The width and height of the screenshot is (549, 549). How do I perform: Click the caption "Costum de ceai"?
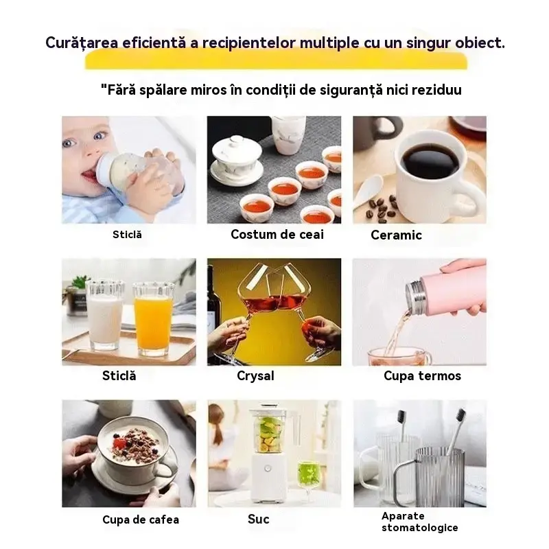coord(277,234)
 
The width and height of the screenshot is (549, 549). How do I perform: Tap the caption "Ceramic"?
coord(396,235)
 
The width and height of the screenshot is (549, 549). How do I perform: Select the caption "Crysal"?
coord(255,375)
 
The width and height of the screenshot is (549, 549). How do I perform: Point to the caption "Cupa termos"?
coord(422,375)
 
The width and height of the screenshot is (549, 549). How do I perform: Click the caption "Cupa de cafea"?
coord(141,519)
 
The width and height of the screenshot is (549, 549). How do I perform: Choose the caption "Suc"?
coord(259,519)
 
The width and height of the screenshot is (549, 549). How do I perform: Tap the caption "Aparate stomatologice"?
coord(420,522)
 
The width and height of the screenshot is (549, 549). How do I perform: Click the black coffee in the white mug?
coord(430,161)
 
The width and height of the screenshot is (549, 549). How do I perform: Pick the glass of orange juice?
coord(153,318)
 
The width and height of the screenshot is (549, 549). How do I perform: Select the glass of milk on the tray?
coord(106,315)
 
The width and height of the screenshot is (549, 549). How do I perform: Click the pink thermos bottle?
coord(445,290)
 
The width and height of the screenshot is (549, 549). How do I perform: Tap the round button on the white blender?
coord(268,468)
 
